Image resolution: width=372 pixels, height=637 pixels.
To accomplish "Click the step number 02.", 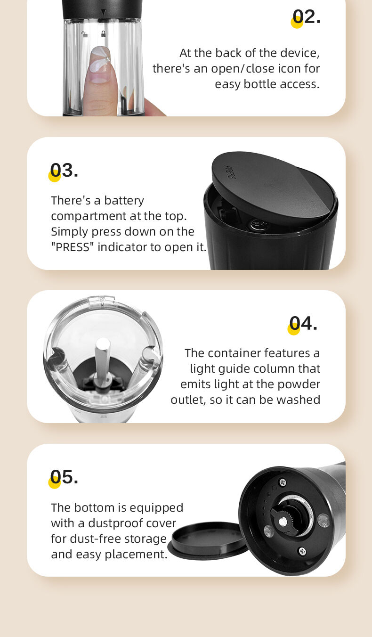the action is (307, 17).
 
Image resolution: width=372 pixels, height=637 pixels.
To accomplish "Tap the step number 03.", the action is (64, 171).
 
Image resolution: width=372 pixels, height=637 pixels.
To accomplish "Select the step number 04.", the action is (303, 323).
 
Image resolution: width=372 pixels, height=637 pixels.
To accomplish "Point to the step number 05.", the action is (64, 477).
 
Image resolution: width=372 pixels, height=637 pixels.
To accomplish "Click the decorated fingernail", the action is (100, 64).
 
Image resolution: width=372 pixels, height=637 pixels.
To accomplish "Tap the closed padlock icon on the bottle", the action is (103, 34).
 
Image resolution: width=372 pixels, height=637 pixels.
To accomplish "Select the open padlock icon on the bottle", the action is (84, 34).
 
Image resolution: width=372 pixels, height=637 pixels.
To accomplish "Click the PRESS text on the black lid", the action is (230, 172).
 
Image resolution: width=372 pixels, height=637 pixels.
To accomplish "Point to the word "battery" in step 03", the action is (124, 201).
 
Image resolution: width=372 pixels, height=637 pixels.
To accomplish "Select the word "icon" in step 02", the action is (289, 68).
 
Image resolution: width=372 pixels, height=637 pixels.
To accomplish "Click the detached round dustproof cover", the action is (208, 540).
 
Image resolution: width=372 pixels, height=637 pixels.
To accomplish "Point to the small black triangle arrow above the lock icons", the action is (104, 12).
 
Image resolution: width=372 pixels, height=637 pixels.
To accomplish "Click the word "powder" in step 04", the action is (299, 384).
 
